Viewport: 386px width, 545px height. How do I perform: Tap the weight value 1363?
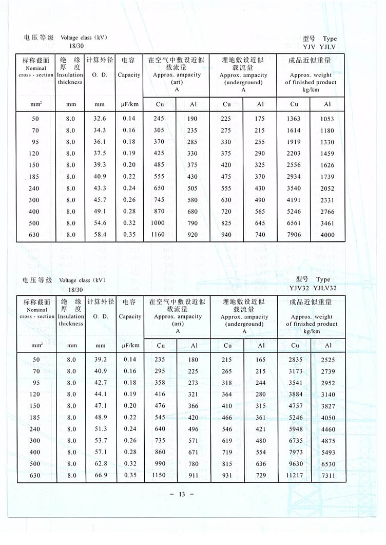tap(294, 119)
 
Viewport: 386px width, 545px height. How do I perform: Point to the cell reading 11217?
tap(295, 476)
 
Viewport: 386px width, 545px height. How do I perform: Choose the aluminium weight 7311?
tap(327, 476)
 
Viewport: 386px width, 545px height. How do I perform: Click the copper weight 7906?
tap(294, 235)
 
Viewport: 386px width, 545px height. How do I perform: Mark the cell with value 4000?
tap(327, 235)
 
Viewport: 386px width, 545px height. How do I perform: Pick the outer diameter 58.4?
tap(100, 235)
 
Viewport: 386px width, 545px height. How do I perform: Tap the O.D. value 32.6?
tap(100, 119)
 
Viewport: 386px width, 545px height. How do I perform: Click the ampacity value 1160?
tap(159, 235)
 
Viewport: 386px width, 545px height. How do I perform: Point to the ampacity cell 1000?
tap(159, 223)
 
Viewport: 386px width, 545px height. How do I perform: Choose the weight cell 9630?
tap(295, 464)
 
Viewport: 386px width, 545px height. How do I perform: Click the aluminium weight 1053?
tap(327, 119)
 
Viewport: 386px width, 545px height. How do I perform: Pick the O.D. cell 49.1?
tap(100, 211)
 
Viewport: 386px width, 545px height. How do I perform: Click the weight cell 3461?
tap(327, 223)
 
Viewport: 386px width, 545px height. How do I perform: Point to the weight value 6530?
tap(327, 464)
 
